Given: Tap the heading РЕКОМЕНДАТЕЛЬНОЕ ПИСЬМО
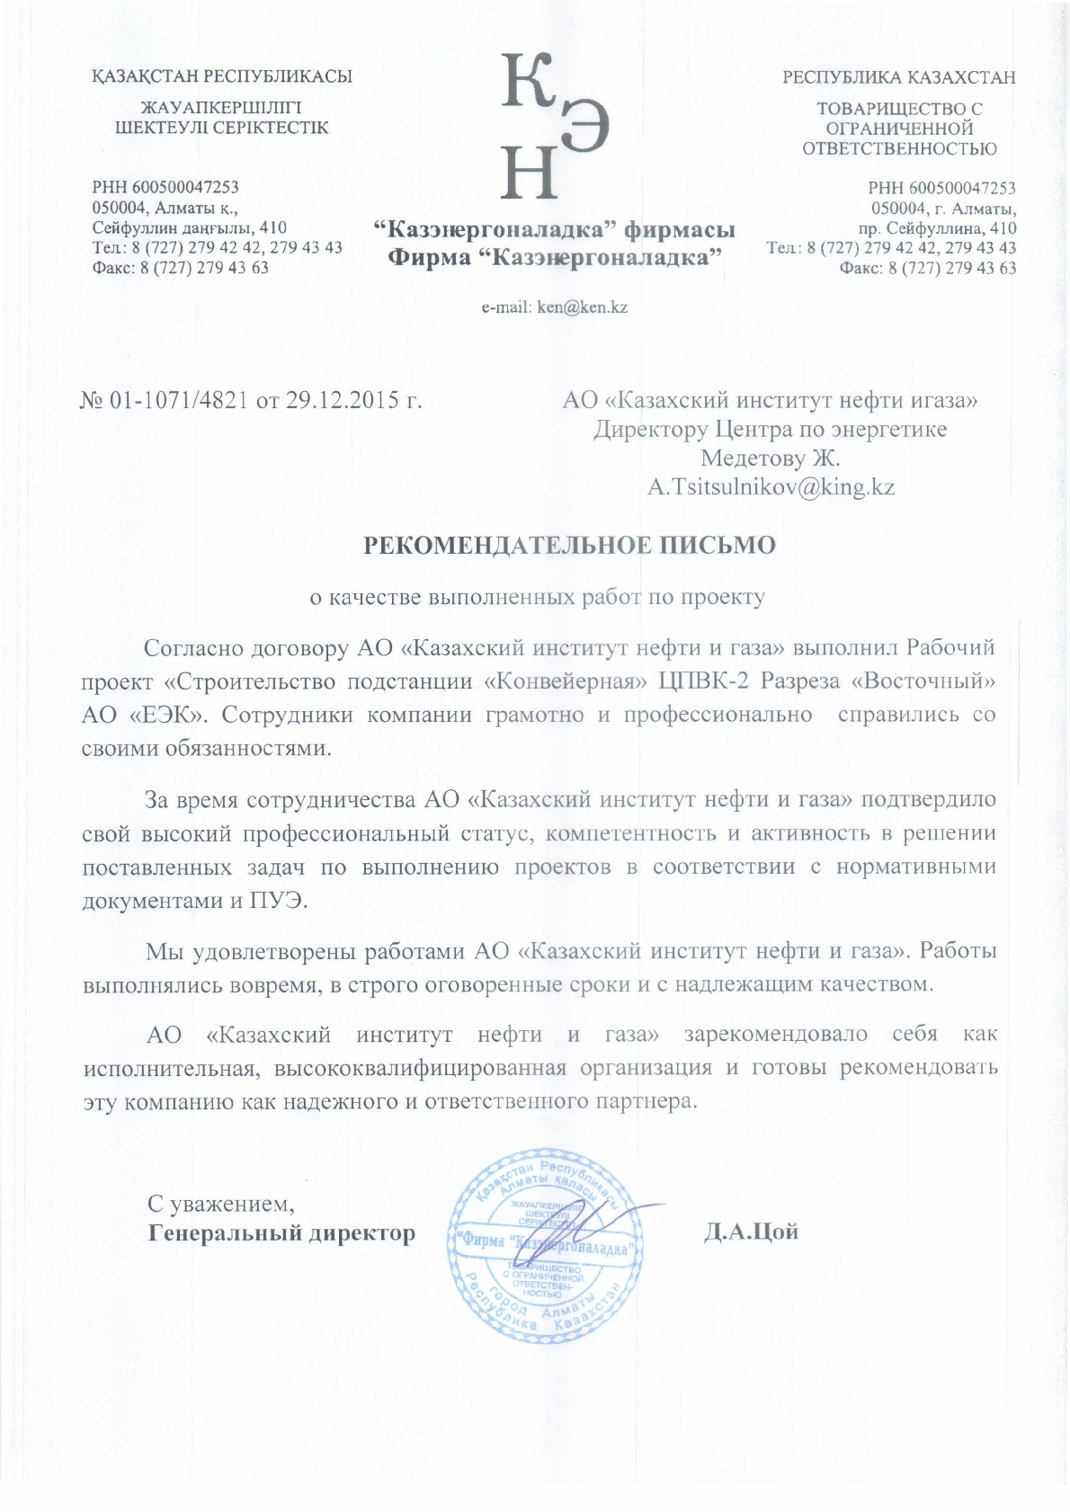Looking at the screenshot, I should (568, 546).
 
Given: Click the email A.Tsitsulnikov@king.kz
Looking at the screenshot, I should (771, 488).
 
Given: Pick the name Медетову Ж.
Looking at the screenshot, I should (770, 458).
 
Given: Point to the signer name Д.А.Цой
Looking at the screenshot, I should (752, 1232).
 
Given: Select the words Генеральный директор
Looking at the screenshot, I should (281, 1232).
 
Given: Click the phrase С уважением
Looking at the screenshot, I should (221, 1203).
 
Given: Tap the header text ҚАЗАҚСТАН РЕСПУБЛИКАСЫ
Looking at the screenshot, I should (222, 77).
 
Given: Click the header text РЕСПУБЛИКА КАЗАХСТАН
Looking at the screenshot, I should (898, 77).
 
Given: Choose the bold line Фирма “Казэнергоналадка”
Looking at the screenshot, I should (555, 259).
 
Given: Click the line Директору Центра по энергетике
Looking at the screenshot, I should (770, 430).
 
